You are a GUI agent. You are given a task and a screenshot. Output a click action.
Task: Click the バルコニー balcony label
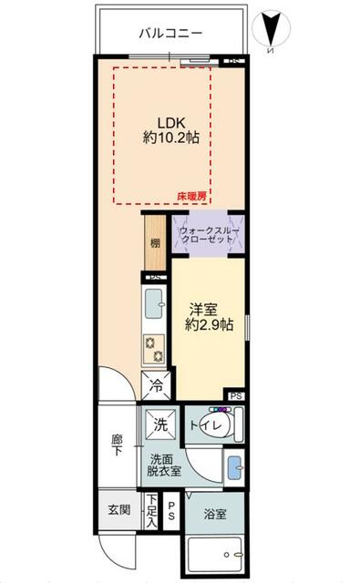pyautogui.click(x=170, y=33)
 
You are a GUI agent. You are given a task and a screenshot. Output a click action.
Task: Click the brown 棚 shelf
pyautogui.click(x=156, y=243)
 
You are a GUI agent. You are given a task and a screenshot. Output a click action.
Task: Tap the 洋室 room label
pyautogui.click(x=201, y=309)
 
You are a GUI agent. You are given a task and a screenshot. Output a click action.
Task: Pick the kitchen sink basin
pyautogui.click(x=153, y=300)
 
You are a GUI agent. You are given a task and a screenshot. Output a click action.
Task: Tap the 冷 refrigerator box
pyautogui.click(x=156, y=386)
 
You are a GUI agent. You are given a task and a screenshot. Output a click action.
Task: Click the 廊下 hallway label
pyautogui.click(x=117, y=446)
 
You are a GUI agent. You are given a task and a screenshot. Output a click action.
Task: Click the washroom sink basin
pyautogui.click(x=234, y=466)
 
